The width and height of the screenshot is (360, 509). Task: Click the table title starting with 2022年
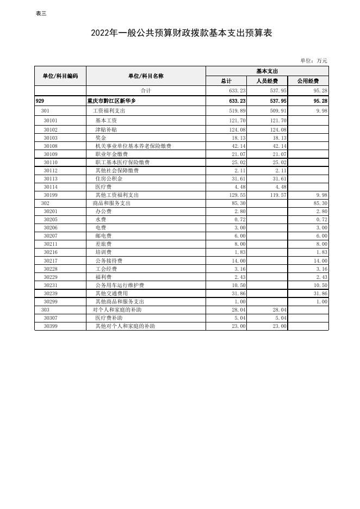[182, 34]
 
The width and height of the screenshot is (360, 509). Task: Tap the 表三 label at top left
[41, 14]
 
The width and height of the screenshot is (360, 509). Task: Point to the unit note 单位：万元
[314, 61]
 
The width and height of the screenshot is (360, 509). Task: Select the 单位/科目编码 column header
[60, 76]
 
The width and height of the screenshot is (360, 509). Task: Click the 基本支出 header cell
[267, 71]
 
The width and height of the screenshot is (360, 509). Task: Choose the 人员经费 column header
[267, 81]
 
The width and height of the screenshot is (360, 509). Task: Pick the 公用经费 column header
[308, 81]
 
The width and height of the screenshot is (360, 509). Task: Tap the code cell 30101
[51, 121]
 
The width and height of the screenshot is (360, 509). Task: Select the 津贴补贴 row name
[106, 129]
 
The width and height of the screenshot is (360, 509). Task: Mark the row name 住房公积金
[109, 178]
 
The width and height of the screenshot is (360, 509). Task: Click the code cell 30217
[51, 260]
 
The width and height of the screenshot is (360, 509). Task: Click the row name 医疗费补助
[109, 318]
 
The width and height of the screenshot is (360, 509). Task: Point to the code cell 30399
[51, 326]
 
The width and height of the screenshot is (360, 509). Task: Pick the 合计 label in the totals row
[146, 91]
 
